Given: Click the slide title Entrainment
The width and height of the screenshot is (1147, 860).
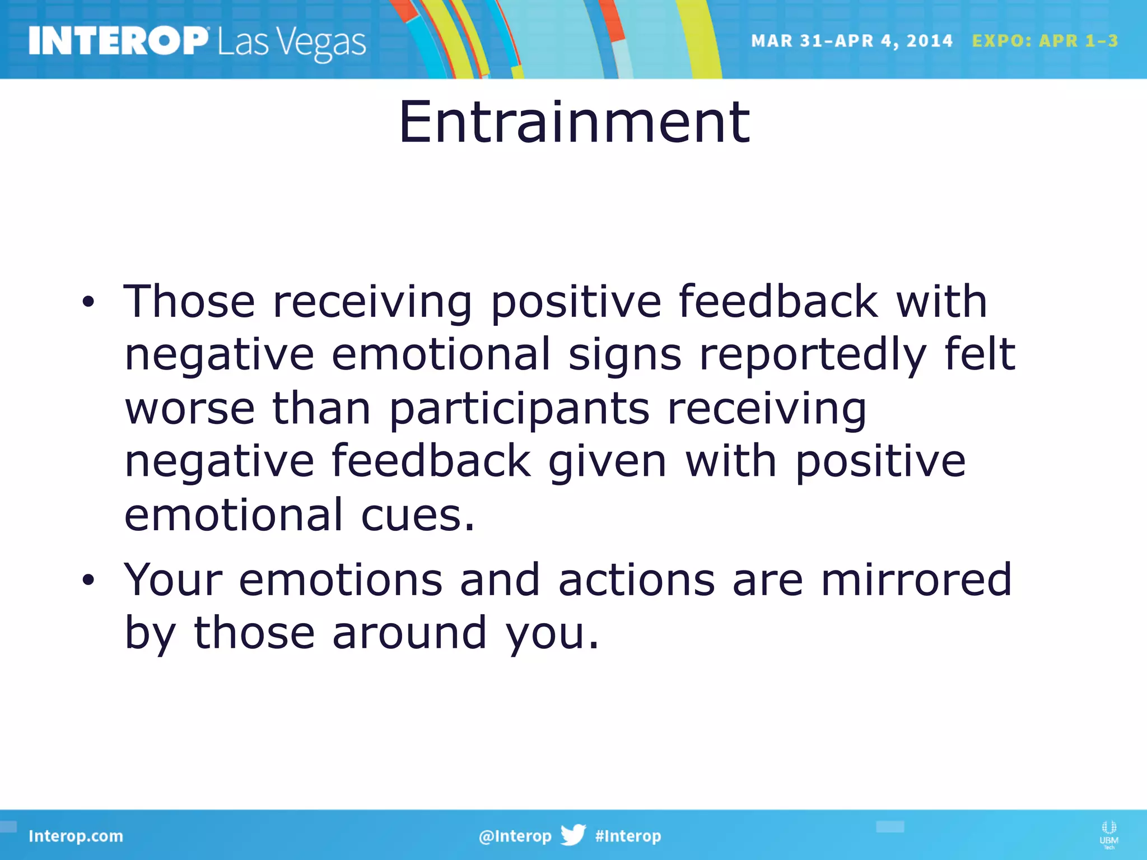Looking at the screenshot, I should coord(573,122).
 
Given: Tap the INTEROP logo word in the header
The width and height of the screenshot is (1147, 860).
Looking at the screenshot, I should coord(118,41).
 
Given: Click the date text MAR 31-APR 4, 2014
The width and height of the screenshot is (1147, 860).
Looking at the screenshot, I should coord(851,41).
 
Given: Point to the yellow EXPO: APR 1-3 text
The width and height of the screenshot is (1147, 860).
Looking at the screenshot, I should coord(1045,41).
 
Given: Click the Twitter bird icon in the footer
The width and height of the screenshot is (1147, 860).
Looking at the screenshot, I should coord(573,835).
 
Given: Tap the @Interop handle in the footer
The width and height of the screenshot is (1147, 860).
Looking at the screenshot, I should coord(515,836).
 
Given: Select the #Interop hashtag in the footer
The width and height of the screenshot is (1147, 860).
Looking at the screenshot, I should coord(628,836).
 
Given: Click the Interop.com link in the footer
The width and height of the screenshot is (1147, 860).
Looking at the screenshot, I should coord(76,836).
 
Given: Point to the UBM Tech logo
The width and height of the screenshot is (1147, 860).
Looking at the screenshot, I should coord(1108,834).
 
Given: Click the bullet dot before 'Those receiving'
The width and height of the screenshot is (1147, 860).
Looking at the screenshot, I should coord(88,303).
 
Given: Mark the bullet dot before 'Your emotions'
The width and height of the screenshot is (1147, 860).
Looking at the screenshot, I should coord(88,581).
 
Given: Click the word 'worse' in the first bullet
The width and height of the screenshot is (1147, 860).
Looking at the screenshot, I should coord(189,409).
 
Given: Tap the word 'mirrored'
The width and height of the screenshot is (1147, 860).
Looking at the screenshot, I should coord(916,579).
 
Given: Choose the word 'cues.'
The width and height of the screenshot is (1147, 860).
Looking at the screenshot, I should coord(417,515).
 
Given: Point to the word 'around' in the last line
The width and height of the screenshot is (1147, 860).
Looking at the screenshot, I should coord(409,633).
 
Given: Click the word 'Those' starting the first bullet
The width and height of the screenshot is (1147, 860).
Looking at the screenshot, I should coord(189,302).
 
